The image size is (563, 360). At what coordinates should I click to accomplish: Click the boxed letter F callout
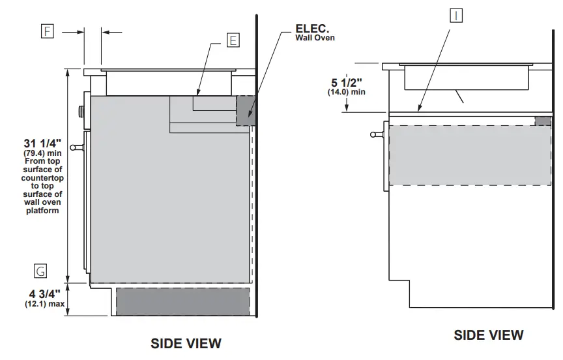point(48,31)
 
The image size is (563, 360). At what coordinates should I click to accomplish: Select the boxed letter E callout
point(233,40)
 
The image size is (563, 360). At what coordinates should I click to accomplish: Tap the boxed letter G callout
point(40,271)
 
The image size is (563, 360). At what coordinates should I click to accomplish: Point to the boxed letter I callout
point(456,16)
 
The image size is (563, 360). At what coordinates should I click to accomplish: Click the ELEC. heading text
point(312,29)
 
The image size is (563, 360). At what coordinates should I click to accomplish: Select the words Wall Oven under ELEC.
point(315,38)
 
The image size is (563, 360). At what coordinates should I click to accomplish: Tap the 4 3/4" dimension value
point(44,294)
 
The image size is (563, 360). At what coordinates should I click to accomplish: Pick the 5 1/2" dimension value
point(346,83)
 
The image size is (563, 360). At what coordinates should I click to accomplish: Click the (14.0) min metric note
point(346,92)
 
